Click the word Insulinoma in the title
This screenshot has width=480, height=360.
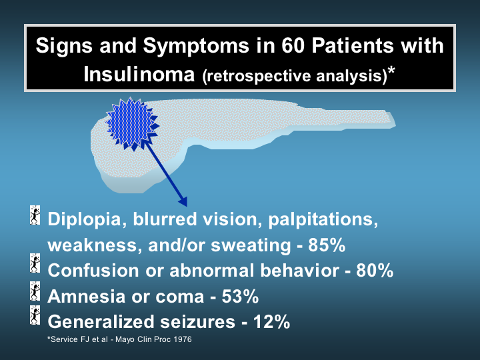(139, 74)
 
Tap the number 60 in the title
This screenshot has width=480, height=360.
(293, 45)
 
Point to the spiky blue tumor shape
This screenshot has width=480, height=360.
(132, 123)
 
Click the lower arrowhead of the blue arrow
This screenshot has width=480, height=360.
(183, 201)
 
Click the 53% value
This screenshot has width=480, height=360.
(240, 296)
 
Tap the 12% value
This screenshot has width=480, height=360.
(271, 321)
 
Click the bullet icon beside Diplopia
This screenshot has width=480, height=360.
(35, 215)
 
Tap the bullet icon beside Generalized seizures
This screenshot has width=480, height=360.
(35, 315)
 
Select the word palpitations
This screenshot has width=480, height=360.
(323, 220)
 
